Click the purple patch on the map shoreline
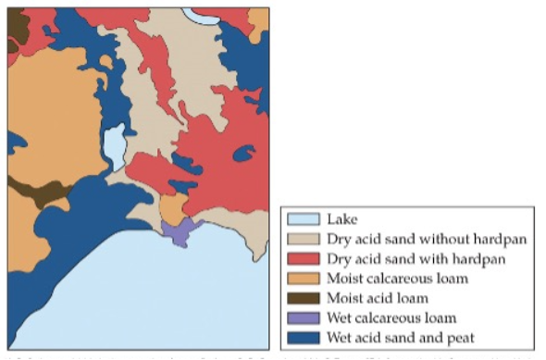[x=181, y=230]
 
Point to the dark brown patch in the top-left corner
[x=17, y=28]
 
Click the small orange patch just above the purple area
[x=172, y=208]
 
